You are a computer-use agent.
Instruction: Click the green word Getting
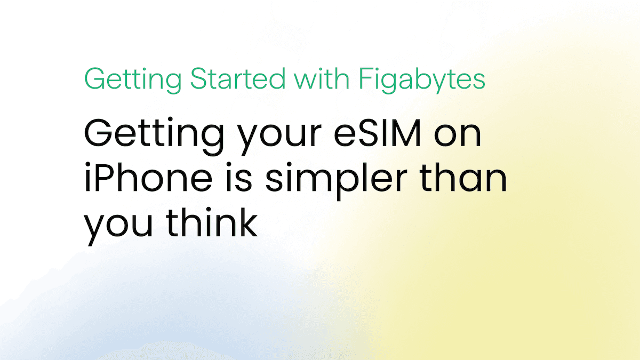coord(133,79)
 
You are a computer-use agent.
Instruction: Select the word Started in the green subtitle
coord(238,78)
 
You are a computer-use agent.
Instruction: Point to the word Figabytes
coord(422,80)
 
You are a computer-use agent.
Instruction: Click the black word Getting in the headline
coord(154,136)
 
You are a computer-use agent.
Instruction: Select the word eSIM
coord(377,133)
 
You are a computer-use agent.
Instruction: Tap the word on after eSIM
coord(458,135)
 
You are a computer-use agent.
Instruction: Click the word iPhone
coord(148,177)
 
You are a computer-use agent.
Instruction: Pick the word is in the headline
coord(239,177)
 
